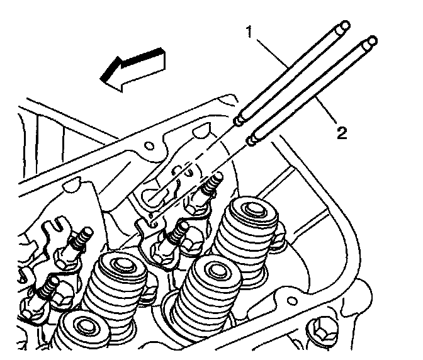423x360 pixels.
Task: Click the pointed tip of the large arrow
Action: point(102,78)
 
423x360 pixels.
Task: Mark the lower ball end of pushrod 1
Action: point(239,120)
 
